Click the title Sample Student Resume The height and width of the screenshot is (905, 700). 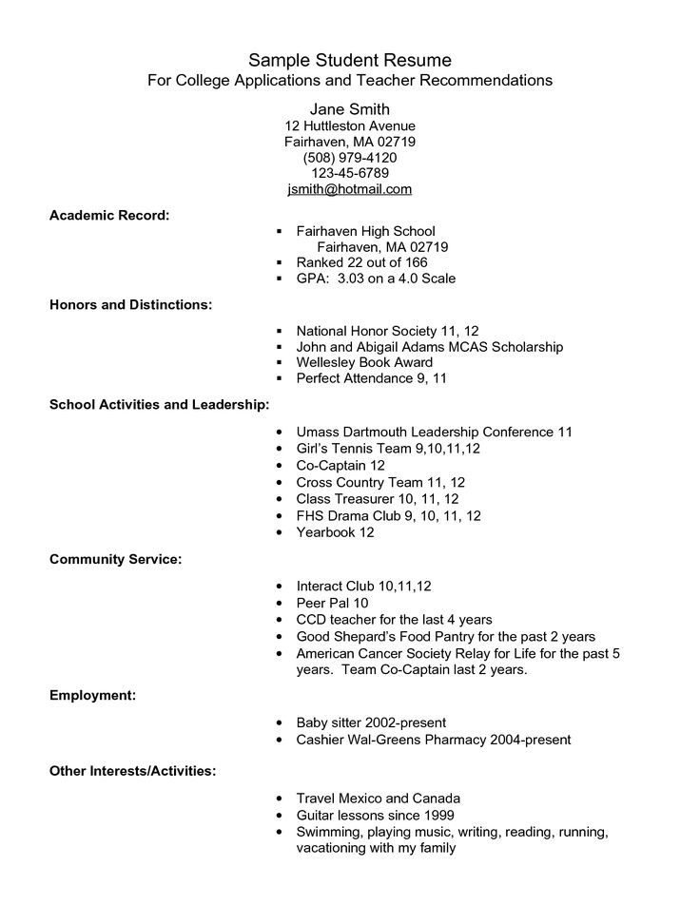coord(350,61)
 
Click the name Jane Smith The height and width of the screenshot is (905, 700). coord(350,108)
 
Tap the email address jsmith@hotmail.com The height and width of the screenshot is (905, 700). coord(350,189)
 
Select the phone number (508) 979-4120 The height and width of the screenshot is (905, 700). coord(350,157)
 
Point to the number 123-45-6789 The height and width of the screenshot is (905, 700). coord(350,173)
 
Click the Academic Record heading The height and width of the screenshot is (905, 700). coord(109,216)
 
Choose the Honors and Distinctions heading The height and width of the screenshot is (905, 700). coord(130,305)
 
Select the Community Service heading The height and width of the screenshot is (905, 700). coord(115,560)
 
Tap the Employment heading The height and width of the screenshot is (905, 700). coord(92,696)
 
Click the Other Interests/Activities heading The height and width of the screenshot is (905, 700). coord(132,770)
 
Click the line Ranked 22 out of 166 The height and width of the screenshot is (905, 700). coord(361,262)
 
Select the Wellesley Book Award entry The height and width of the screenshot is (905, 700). coord(364,362)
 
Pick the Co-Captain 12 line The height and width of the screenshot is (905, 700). coord(340,466)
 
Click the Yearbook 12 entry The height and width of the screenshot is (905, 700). coord(335,532)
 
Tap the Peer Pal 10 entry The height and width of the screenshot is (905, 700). coord(332,603)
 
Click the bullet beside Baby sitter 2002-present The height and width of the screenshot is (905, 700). coord(279,723)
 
